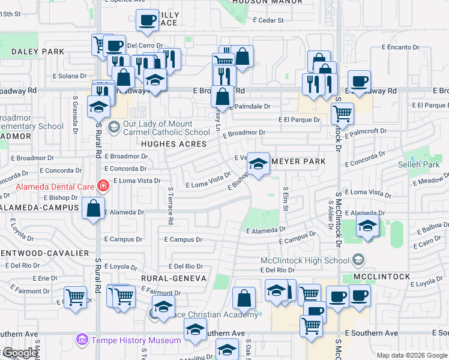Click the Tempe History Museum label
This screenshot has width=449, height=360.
(136, 340)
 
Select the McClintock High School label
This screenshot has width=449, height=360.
(305, 260)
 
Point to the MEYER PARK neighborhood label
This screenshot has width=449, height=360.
(298, 161)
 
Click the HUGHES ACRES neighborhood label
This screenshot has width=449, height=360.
(174, 144)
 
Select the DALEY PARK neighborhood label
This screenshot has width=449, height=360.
(37, 52)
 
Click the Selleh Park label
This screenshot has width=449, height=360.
(418, 164)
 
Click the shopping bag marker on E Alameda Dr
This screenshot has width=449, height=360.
(94, 209)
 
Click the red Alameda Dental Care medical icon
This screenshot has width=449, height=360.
(103, 185)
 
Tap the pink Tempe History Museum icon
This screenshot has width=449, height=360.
(82, 340)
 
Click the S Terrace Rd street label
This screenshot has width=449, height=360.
(170, 206)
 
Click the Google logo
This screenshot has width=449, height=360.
(20, 353)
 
